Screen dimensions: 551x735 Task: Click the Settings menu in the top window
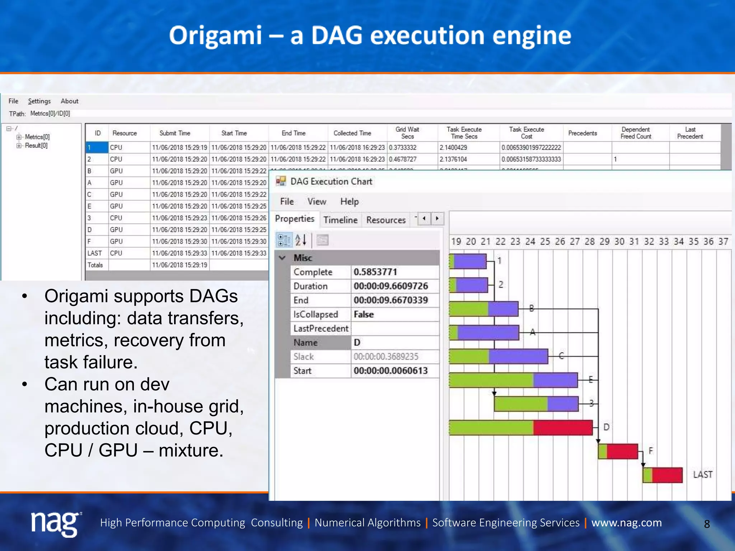pos(39,101)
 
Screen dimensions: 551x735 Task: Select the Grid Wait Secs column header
pos(407,133)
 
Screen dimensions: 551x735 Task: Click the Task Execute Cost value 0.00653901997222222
pos(531,147)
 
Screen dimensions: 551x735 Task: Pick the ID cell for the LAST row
pos(95,253)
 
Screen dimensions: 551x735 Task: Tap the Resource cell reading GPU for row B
pos(117,171)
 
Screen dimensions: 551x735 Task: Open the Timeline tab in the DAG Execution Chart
pos(340,220)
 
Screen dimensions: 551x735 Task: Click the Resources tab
pos(386,220)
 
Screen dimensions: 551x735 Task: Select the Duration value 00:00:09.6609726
pos(391,286)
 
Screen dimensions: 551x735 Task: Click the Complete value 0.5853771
pos(375,272)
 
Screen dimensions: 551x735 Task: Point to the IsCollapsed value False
pos(364,315)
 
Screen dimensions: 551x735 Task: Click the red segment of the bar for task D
pos(562,428)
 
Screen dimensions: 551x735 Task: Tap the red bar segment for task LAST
pos(667,475)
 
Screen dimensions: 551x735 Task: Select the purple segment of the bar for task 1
pos(470,261)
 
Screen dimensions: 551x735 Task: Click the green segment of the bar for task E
pos(491,380)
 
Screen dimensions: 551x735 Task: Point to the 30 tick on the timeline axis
pos(619,241)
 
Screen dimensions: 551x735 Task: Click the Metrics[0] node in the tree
pos(37,137)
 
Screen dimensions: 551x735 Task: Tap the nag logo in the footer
pos(56,523)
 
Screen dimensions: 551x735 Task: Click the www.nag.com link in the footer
pos(626,523)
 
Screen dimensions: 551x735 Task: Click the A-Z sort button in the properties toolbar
pos(301,240)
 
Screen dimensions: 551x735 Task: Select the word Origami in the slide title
pos(215,36)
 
